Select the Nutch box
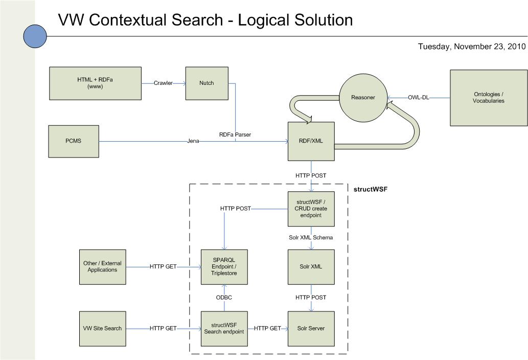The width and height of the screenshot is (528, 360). [207, 83]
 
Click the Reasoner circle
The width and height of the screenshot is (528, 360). [363, 98]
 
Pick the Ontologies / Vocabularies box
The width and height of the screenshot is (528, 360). [488, 98]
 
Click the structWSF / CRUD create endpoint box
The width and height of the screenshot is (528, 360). [311, 209]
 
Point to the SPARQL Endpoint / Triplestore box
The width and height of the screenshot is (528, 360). [224, 266]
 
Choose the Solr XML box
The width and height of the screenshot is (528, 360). [311, 266]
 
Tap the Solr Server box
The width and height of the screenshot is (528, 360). [311, 328]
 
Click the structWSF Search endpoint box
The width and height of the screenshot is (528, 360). [224, 328]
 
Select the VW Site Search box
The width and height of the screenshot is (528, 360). [103, 328]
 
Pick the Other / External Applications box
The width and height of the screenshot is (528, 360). [103, 266]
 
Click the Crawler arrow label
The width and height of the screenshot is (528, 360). [164, 83]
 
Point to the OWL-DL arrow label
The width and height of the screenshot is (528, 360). [418, 98]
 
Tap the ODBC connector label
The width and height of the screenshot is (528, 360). [224, 298]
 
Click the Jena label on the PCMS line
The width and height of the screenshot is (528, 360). [193, 141]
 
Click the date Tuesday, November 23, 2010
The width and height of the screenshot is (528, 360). [472, 47]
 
